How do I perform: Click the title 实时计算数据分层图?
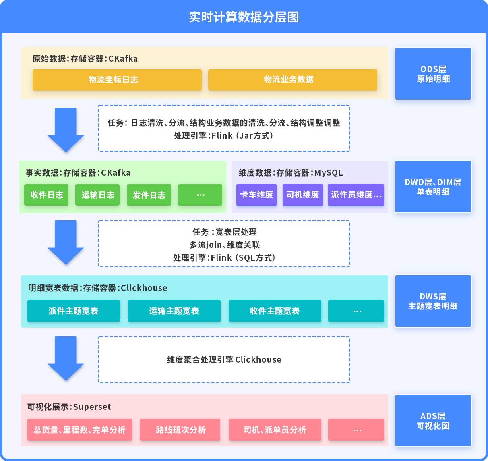click(x=244, y=17)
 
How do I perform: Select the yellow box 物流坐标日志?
click(x=117, y=80)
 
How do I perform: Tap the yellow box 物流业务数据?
click(x=292, y=80)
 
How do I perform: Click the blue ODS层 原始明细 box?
click(x=433, y=74)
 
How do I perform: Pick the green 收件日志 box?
click(x=46, y=195)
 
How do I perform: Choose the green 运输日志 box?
click(x=97, y=195)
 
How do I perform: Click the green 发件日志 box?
click(x=149, y=195)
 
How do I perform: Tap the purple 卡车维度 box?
click(x=256, y=195)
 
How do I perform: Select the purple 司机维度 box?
click(x=302, y=195)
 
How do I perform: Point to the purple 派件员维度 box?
click(x=356, y=195)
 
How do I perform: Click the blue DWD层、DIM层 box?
click(x=433, y=187)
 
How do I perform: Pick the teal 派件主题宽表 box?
click(x=73, y=311)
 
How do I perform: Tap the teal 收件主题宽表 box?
click(x=275, y=311)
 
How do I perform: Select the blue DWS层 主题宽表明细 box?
click(x=433, y=301)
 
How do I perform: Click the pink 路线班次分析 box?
click(x=180, y=430)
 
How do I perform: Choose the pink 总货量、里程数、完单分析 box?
click(x=80, y=430)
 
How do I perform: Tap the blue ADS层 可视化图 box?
click(x=433, y=421)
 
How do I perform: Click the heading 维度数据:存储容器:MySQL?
click(x=290, y=173)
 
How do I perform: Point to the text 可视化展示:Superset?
click(x=69, y=407)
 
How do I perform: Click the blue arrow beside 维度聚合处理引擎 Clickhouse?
click(x=65, y=358)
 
